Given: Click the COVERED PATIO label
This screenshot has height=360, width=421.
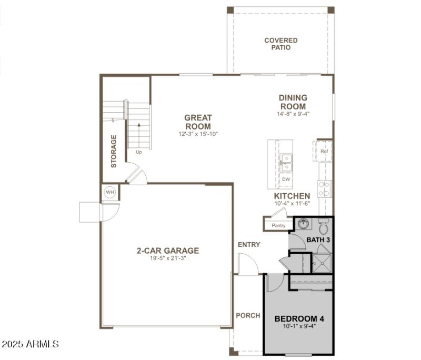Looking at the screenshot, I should (280, 44).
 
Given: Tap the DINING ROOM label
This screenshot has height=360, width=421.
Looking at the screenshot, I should (293, 102).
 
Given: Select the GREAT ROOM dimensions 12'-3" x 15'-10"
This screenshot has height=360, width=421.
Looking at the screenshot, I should (198, 134).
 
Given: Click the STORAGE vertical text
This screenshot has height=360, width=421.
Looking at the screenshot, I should (114, 152).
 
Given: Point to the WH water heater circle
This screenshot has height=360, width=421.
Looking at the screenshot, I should (110, 192).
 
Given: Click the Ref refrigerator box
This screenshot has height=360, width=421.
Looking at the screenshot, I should (324, 151).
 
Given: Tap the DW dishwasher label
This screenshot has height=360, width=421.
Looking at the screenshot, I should (286, 179).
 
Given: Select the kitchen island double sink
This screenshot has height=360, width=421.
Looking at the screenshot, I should (286, 162).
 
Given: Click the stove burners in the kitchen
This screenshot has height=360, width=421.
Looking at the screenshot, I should (324, 188).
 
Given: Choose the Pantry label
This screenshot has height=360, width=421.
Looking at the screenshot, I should (278, 226).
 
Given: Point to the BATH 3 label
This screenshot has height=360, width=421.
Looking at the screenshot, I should (318, 240).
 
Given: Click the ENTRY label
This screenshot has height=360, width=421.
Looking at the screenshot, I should (249, 245).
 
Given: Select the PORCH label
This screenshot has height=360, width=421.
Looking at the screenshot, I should (248, 316).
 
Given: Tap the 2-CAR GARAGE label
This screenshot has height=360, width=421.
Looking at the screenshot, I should (167, 251).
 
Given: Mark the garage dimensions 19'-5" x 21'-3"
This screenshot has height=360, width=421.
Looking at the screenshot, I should (167, 258).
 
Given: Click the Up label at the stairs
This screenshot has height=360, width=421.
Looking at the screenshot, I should (139, 152).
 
